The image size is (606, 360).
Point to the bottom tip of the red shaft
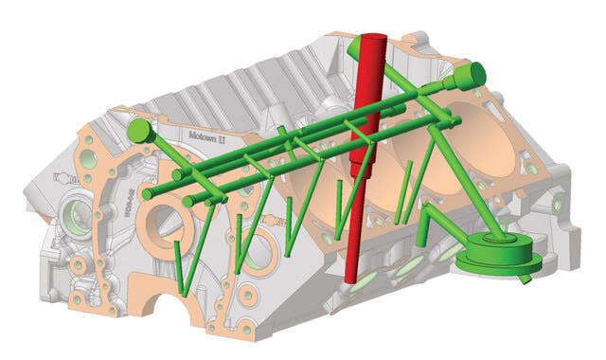[x=351, y=279]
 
